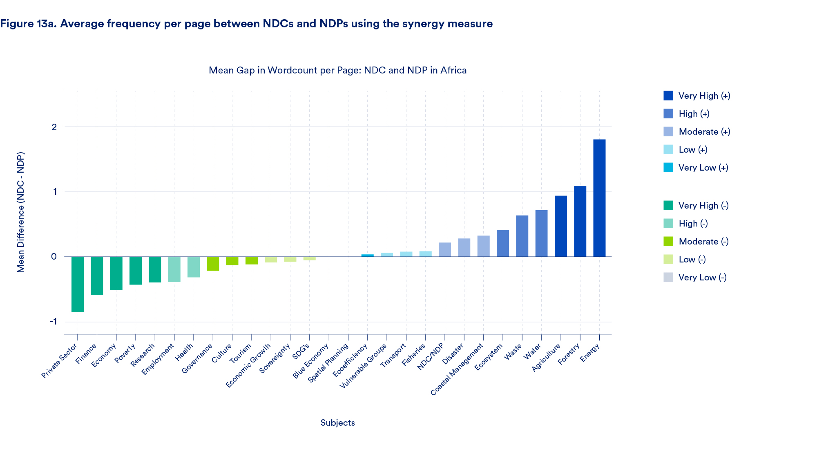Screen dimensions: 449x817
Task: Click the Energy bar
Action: [599, 198]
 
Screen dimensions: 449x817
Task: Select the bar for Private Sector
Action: [78, 284]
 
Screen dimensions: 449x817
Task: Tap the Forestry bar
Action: [580, 221]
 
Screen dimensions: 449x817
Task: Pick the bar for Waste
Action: [522, 236]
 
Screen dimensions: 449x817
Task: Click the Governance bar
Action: [213, 264]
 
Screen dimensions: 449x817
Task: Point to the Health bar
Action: [194, 267]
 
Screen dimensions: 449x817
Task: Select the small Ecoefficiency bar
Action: [368, 256]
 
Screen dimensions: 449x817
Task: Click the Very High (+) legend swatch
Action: [668, 96]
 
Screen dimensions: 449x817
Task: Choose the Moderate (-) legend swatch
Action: [668, 241]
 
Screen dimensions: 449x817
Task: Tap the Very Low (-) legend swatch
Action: [668, 277]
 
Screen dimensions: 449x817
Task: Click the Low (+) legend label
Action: [693, 150]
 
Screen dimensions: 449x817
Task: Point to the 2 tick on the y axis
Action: [54, 127]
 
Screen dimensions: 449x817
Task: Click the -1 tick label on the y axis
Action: [53, 322]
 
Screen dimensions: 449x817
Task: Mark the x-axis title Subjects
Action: [337, 423]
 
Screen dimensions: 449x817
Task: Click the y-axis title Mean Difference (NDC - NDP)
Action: [21, 212]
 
